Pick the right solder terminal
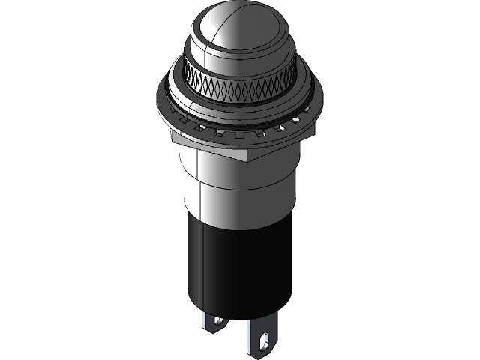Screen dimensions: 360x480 262,330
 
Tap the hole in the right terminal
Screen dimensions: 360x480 263,339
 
